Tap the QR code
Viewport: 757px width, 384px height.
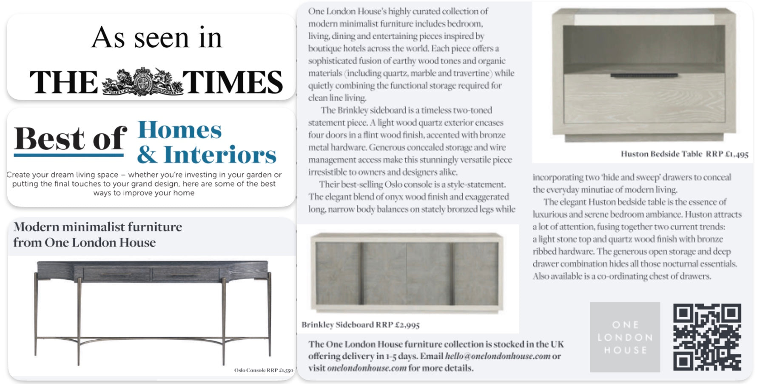(x=707, y=337)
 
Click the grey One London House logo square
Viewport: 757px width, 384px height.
(x=625, y=337)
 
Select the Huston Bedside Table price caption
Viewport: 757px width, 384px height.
(x=684, y=154)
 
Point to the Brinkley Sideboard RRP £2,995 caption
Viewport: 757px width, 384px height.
(x=360, y=325)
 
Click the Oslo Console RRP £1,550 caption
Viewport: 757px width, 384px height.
(x=264, y=370)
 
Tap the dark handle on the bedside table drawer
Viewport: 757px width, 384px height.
(x=644, y=76)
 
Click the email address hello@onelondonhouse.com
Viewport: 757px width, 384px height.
(x=497, y=356)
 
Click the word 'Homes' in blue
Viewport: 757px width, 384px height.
(x=179, y=130)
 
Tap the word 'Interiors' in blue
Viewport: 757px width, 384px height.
(x=220, y=155)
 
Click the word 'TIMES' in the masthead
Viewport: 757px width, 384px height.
(x=232, y=82)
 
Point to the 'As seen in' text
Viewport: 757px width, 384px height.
(x=157, y=38)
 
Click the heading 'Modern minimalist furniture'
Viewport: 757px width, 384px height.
(x=98, y=227)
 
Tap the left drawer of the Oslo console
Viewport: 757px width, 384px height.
(x=117, y=274)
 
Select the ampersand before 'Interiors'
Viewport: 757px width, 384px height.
(x=147, y=155)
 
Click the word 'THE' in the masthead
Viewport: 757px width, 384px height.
(x=64, y=82)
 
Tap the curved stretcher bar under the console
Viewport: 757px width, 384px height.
(x=152, y=341)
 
